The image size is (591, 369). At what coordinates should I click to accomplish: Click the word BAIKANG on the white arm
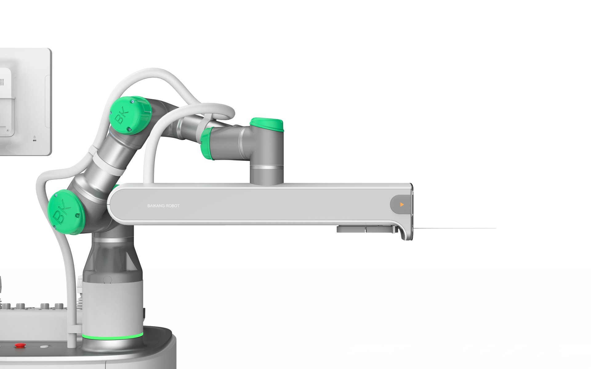coord(155,206)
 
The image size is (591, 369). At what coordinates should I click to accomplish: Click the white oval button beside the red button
coord(44,346)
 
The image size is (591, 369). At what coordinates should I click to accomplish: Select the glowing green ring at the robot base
coord(112,336)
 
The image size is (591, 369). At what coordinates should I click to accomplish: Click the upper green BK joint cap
coord(131,115)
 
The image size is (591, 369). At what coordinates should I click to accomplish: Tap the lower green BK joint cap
coord(66,212)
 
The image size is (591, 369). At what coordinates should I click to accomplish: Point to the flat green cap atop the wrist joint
coord(267,124)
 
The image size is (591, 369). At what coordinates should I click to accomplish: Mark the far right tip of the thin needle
coord(496,228)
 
